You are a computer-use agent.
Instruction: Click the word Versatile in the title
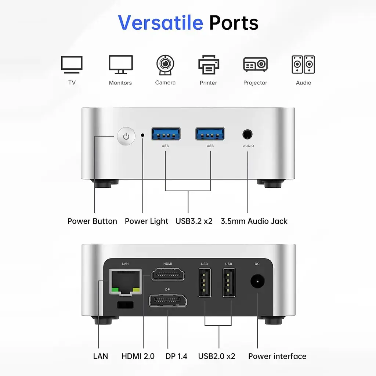(x=160, y=22)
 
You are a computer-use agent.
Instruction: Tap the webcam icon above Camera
(x=165, y=65)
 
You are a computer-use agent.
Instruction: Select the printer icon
(x=209, y=65)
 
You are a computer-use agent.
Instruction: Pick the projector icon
(x=256, y=65)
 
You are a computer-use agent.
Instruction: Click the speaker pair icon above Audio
(x=303, y=65)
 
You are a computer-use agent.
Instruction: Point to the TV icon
(x=72, y=65)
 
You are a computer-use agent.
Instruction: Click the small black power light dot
(x=143, y=135)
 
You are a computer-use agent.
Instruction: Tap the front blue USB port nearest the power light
(x=166, y=134)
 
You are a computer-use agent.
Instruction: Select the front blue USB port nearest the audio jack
(x=210, y=134)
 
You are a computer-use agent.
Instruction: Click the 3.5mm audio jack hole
(x=247, y=134)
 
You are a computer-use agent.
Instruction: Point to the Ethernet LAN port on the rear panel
(x=126, y=282)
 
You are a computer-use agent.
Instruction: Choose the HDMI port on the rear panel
(x=168, y=274)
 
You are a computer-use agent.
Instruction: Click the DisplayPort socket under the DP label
(x=167, y=300)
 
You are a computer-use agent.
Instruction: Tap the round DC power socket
(x=257, y=281)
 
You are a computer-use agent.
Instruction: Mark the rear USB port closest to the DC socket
(x=229, y=283)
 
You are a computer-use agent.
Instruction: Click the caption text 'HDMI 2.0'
(x=138, y=356)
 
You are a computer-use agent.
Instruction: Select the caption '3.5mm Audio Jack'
(x=254, y=221)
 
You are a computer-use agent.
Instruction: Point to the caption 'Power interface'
(x=277, y=356)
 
